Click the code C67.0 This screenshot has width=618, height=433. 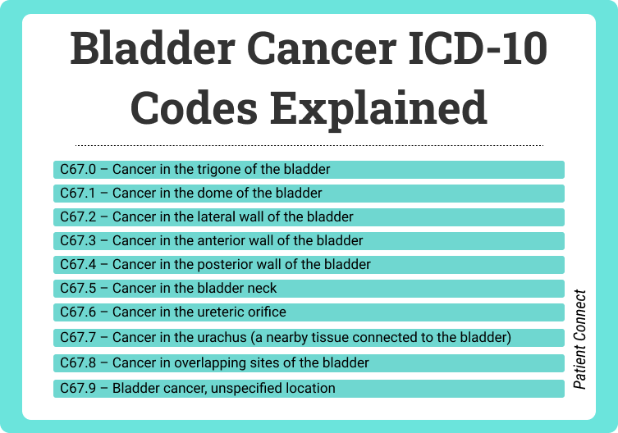pos(78,170)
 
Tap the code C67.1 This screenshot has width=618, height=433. pos(78,193)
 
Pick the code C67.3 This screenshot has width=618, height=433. pos(78,240)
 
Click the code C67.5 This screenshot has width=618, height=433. pos(78,288)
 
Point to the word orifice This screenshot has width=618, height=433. pos(267,312)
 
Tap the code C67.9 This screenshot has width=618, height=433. pos(78,388)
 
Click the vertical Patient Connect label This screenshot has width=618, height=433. pos(579,340)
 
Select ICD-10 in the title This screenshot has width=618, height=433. pos(478,48)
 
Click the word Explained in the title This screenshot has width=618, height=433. pos(378,108)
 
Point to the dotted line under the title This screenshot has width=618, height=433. pos(309,145)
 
